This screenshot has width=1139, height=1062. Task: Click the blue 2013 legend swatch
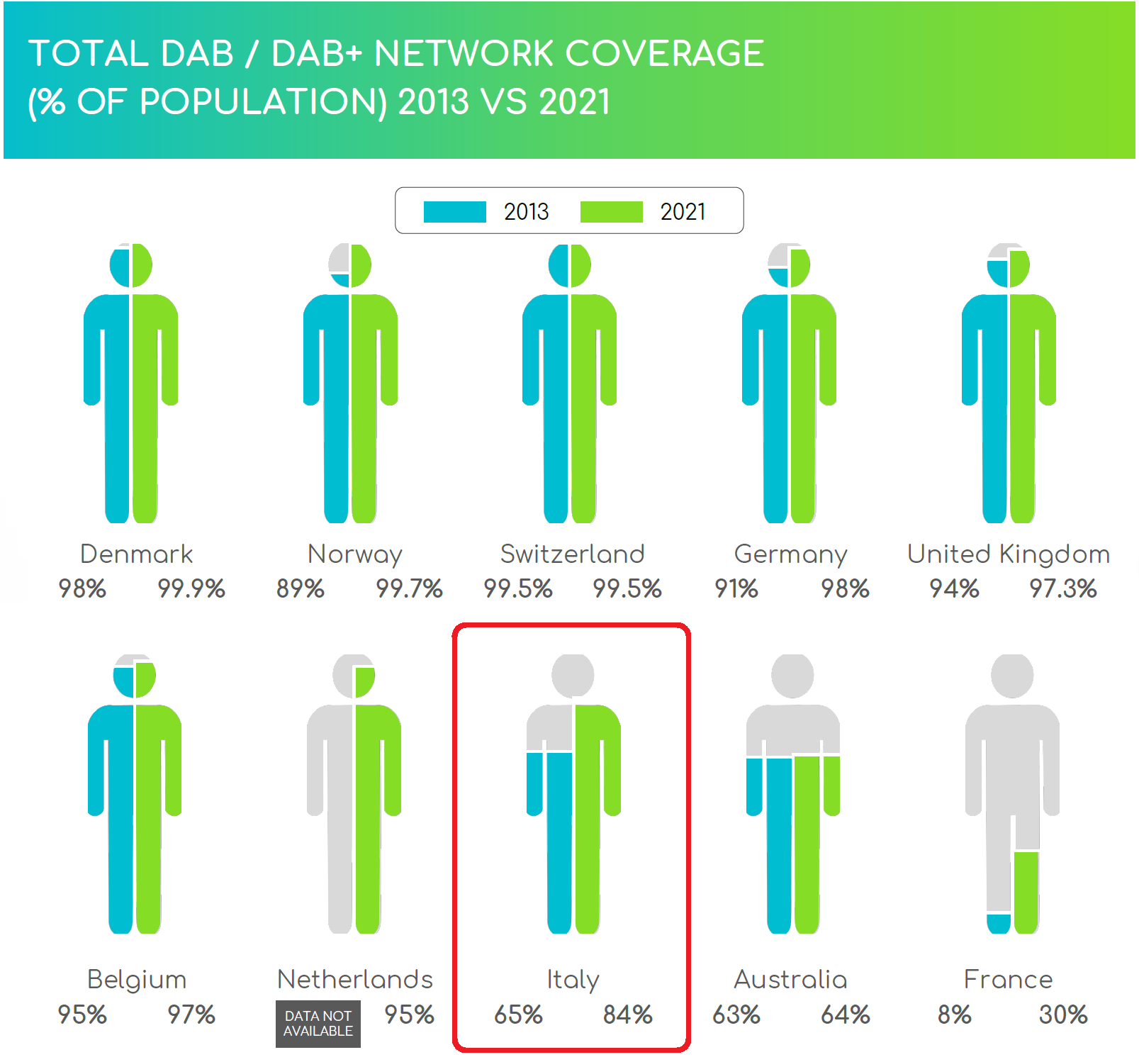point(454,212)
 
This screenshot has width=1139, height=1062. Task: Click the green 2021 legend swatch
point(611,212)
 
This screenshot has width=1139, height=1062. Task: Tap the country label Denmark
point(136,554)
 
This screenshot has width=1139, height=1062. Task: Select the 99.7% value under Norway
point(409,589)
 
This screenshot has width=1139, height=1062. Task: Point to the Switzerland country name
point(572,554)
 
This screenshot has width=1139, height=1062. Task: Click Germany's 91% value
point(736,589)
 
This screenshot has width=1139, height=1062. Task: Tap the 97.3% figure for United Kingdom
point(1062,589)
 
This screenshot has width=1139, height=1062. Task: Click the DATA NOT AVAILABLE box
point(318,1024)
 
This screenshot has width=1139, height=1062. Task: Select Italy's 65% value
point(518,1015)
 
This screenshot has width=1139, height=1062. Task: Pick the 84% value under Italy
point(627,1015)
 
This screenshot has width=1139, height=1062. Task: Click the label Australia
point(790,980)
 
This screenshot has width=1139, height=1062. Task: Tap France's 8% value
point(954,1015)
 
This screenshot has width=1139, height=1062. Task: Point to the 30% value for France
point(1062,1015)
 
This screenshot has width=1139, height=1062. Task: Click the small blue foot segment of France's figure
point(999,924)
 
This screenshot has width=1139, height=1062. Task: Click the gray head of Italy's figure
point(573,675)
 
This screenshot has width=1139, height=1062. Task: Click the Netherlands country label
point(354,980)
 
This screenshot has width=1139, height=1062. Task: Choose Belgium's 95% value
point(82,1015)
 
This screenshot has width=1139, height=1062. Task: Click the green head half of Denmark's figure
point(142,265)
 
